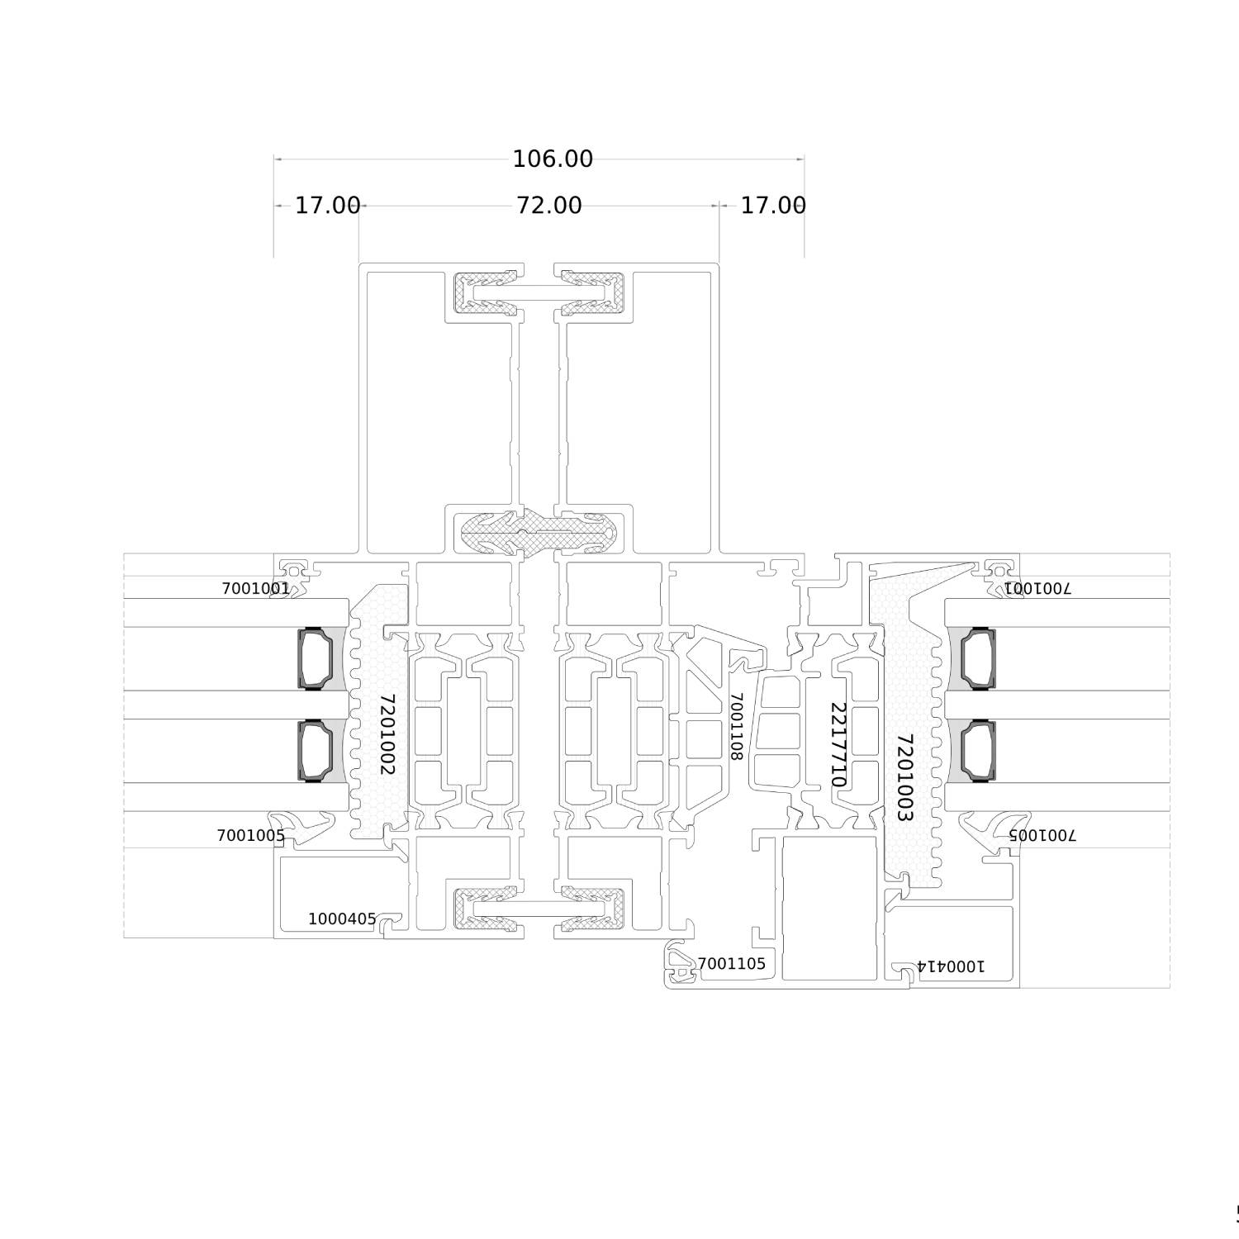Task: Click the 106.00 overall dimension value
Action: [553, 159]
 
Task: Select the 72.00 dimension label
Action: [549, 205]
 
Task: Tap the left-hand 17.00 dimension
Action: [328, 205]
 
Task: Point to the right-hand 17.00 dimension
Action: [773, 205]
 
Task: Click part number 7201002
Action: [387, 734]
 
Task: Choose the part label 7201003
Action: [904, 777]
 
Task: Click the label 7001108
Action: [737, 726]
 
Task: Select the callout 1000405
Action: [342, 919]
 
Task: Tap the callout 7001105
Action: [731, 963]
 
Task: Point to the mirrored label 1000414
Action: [950, 966]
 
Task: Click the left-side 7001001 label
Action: [256, 588]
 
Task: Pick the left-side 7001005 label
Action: [251, 835]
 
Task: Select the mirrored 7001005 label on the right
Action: [1042, 834]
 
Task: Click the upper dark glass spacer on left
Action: [316, 658]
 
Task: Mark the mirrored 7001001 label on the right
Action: [1037, 588]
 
